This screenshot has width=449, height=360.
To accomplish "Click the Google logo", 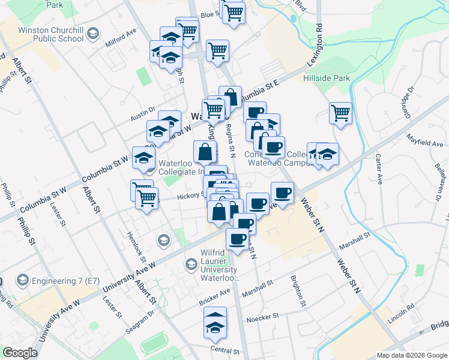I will click(20, 353).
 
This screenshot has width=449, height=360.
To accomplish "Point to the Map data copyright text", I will click(411, 355).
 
